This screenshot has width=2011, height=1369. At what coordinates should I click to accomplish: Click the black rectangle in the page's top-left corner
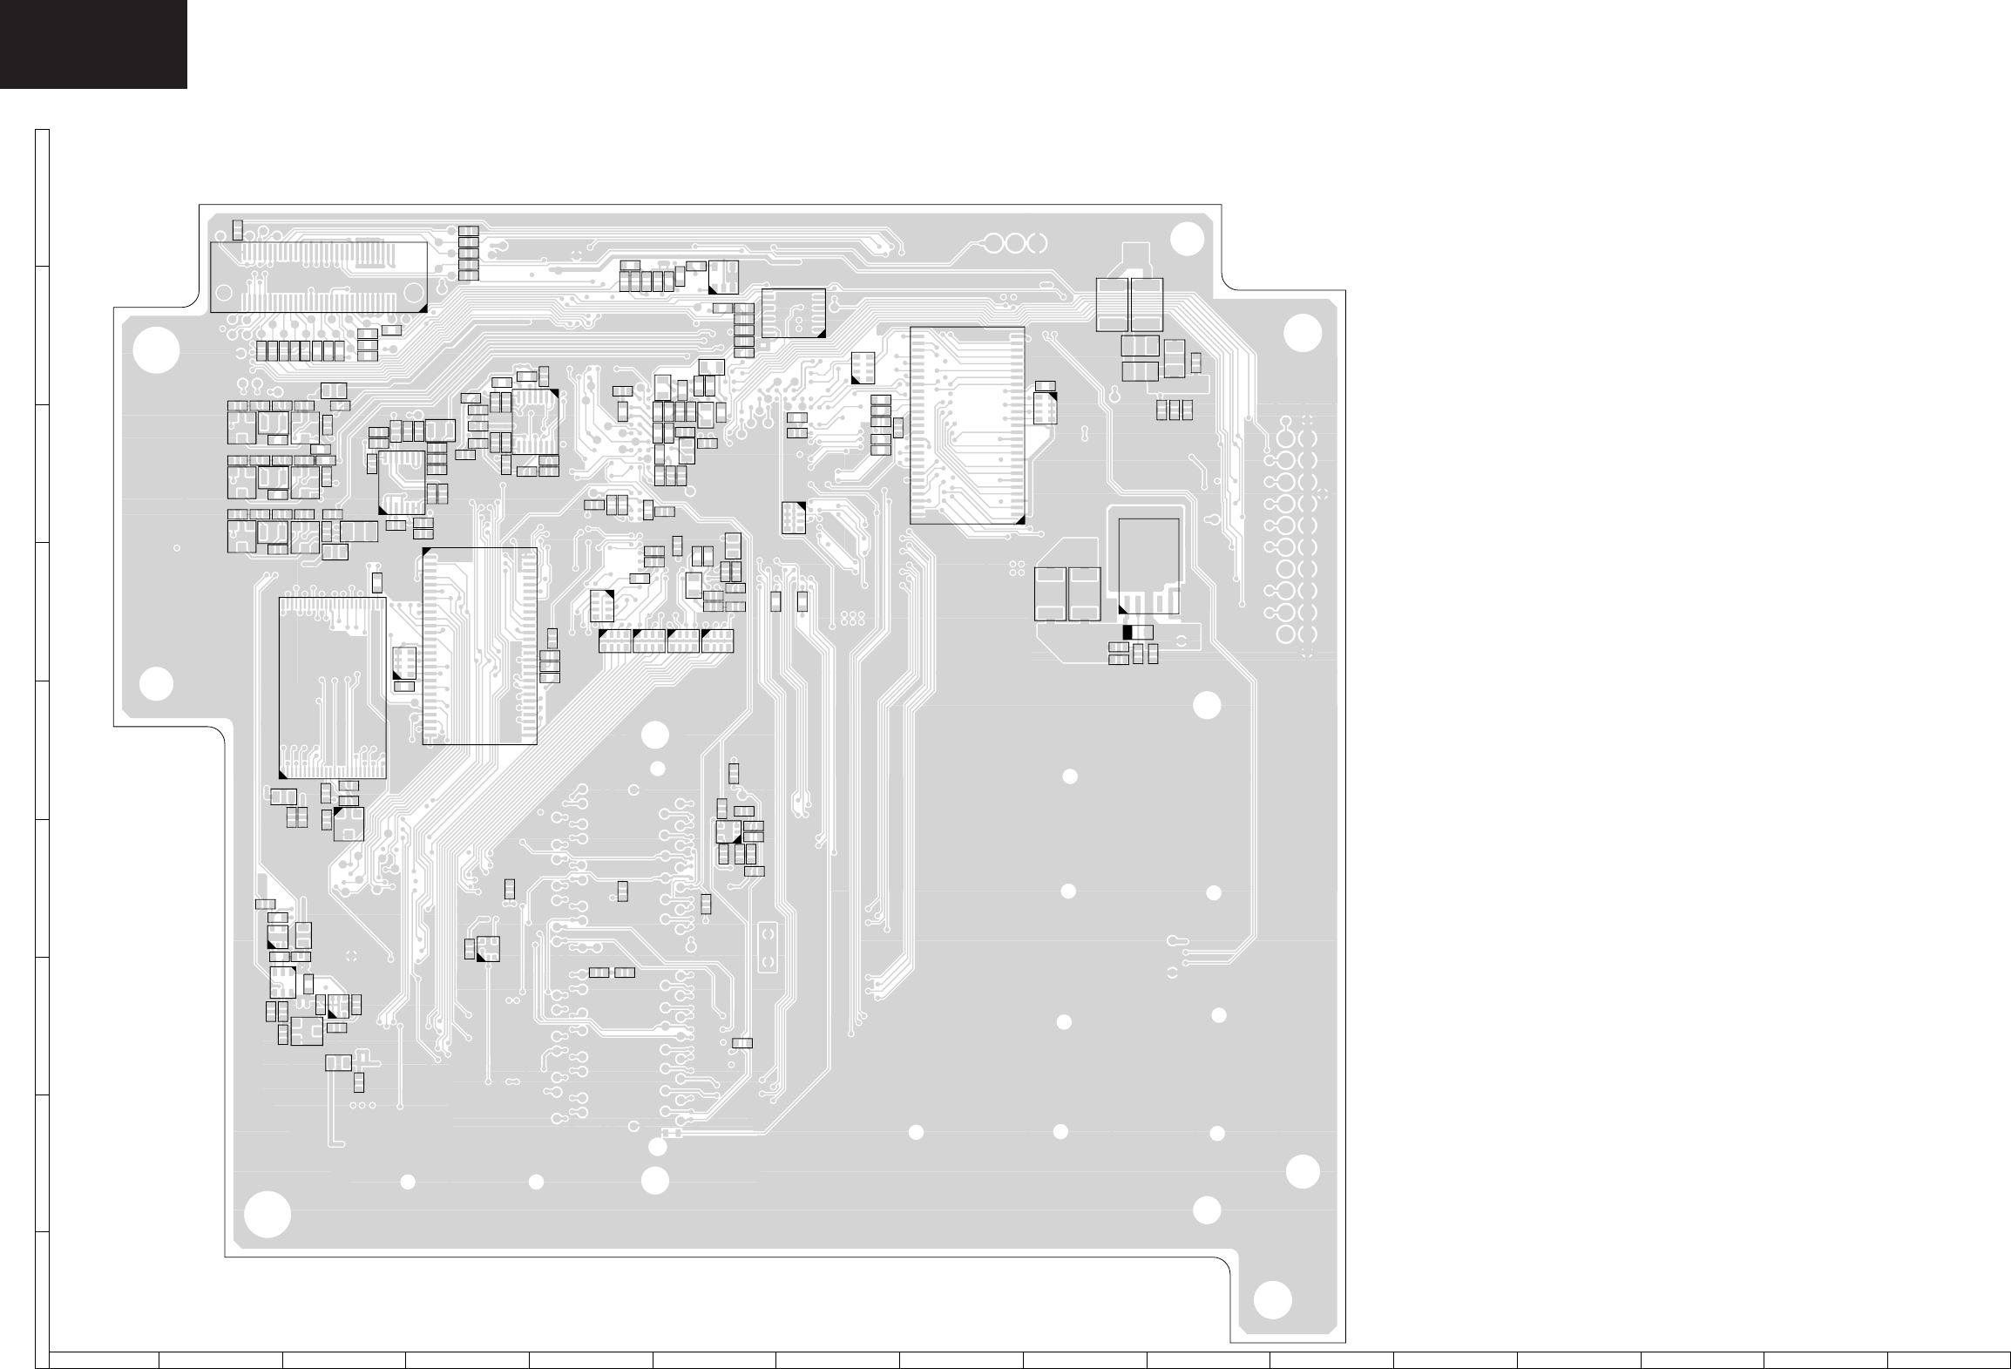point(93,44)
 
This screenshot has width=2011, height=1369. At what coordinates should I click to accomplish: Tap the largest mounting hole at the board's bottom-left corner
point(267,1214)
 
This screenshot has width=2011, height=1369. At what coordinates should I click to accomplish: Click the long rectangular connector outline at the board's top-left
point(319,277)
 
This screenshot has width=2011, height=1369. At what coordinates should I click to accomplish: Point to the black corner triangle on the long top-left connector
point(423,308)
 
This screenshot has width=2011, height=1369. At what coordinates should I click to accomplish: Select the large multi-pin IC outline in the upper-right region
point(967,425)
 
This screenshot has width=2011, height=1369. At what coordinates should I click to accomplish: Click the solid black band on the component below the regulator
point(1127,632)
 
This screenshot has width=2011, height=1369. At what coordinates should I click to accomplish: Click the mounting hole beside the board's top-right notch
point(1184,237)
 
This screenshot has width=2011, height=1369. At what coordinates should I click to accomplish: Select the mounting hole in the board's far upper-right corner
point(1303,333)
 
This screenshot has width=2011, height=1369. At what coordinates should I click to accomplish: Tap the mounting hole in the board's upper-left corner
point(157,350)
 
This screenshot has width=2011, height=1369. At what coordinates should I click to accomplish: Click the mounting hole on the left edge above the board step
point(156,684)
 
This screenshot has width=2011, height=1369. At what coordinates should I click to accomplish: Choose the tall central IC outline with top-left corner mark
point(479,646)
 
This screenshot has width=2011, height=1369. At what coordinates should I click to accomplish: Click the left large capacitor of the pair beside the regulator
point(1052,594)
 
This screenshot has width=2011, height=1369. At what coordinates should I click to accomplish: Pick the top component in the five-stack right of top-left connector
point(468,231)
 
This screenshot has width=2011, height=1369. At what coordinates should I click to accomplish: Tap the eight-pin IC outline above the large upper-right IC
point(793,312)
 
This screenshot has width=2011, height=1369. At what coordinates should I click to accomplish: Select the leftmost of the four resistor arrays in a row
point(616,641)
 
